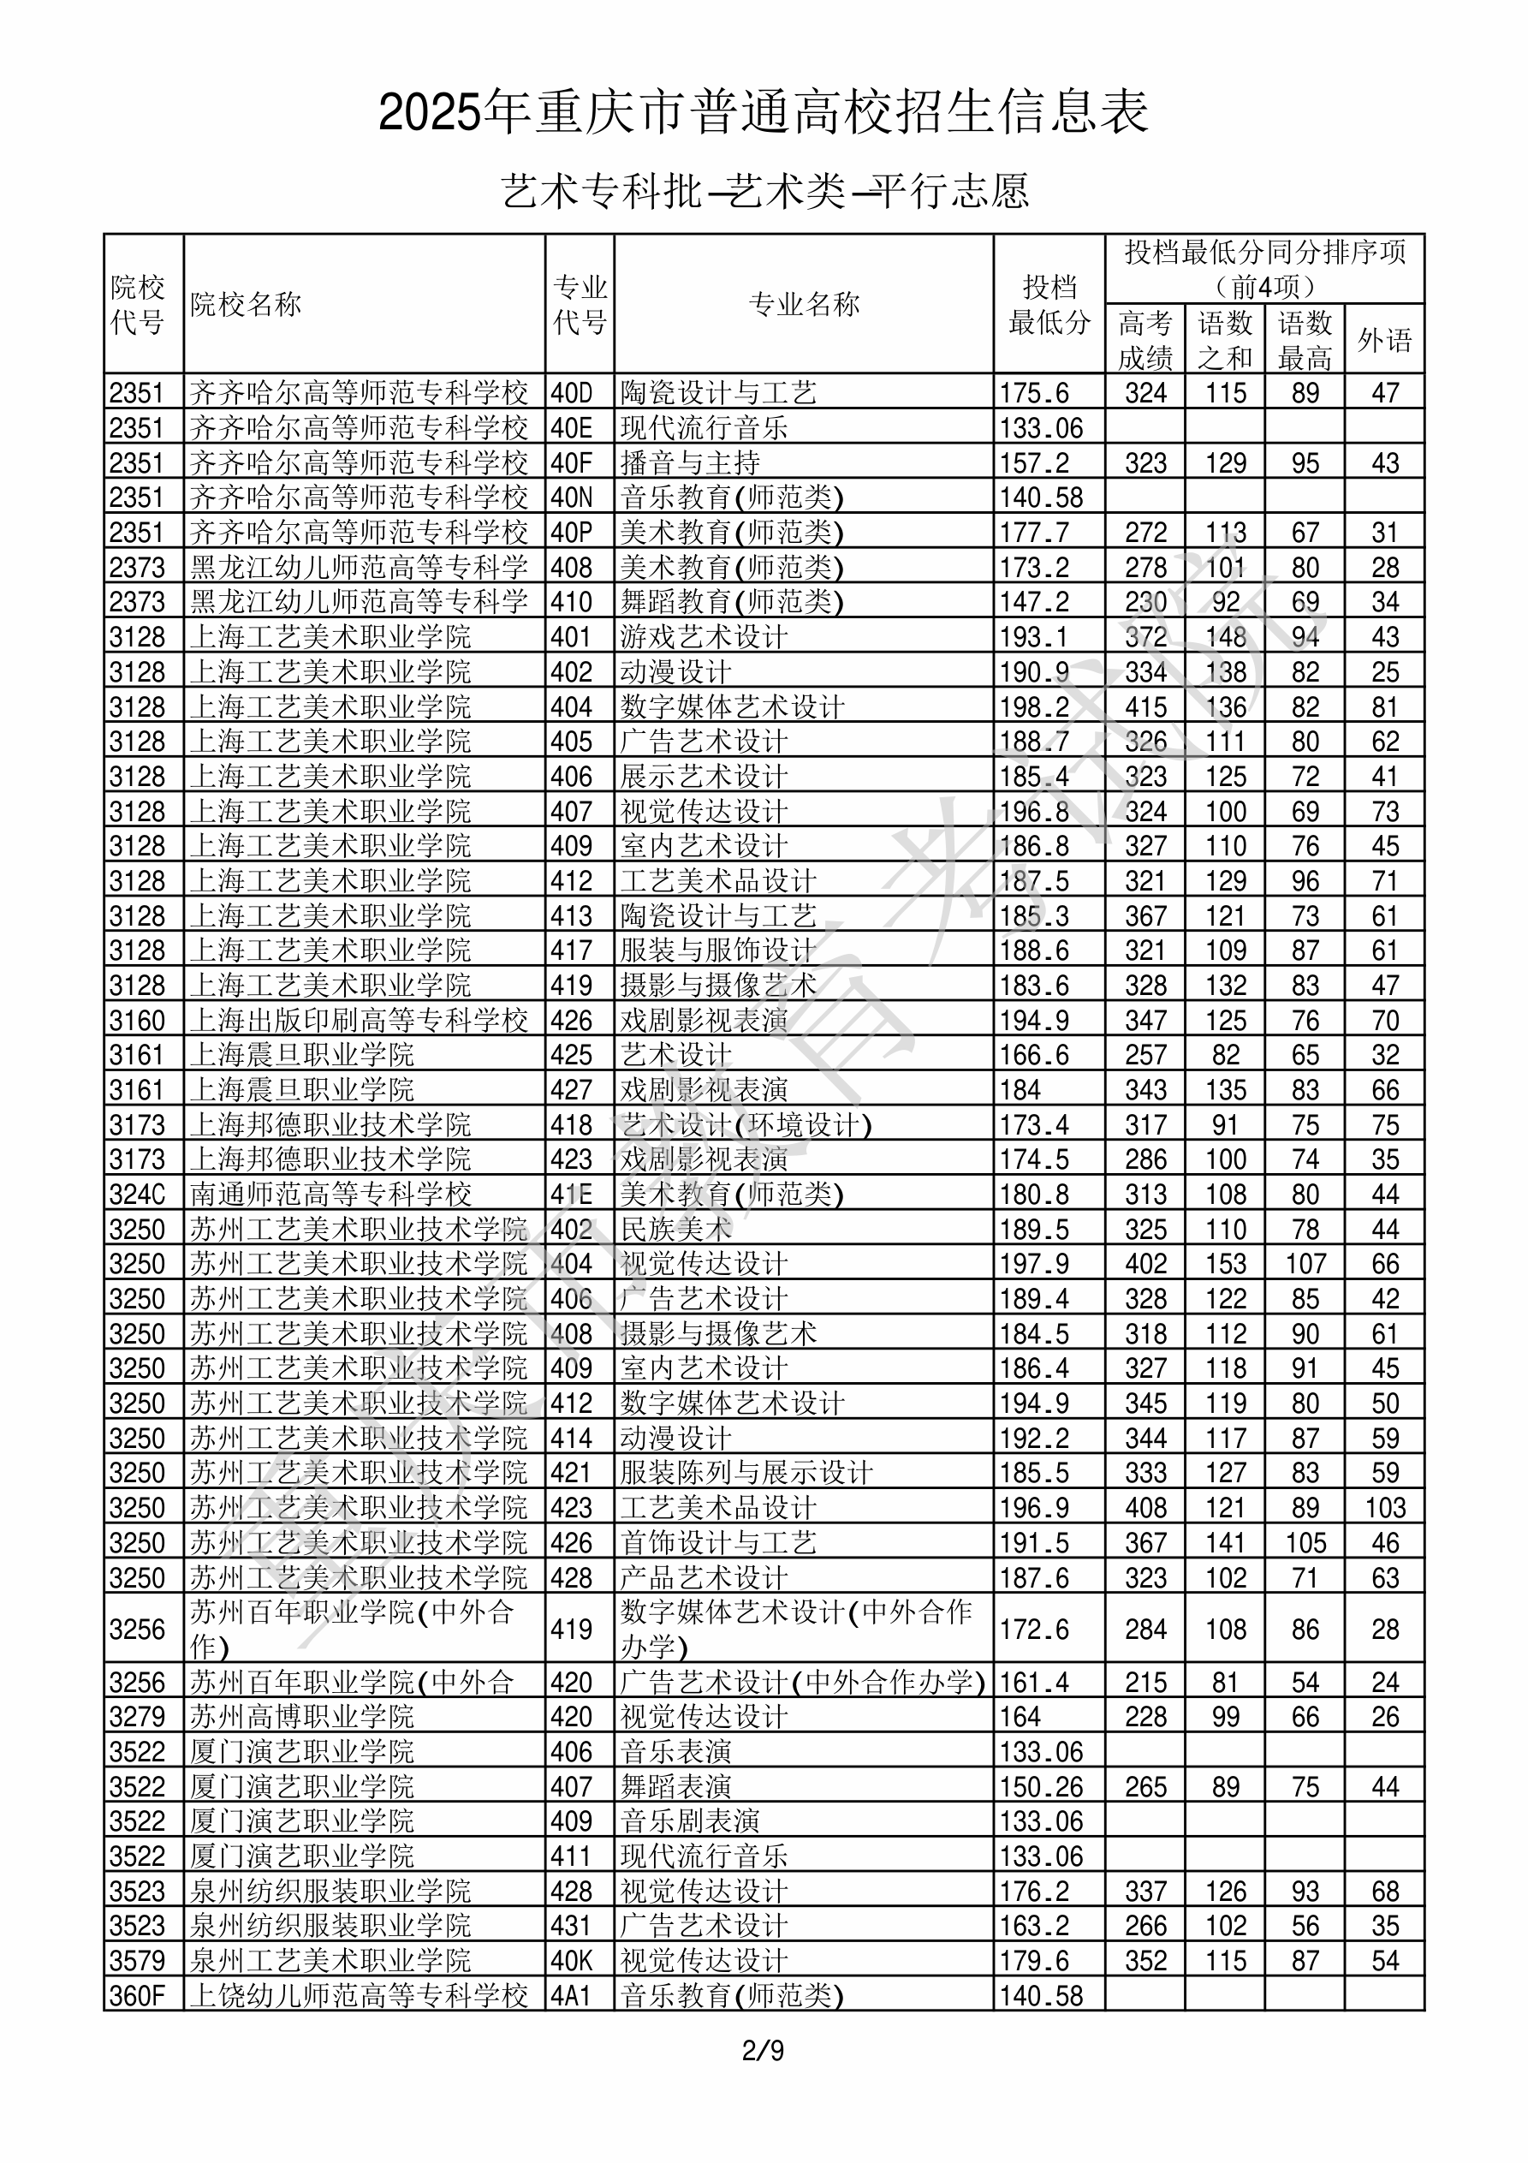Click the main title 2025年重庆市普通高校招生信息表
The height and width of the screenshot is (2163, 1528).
(763, 113)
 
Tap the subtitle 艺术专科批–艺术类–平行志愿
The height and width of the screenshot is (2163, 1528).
(764, 191)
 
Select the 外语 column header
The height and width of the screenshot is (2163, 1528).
(1384, 340)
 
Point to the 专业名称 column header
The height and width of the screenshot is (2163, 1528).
(804, 304)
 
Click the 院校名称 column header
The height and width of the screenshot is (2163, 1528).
(246, 304)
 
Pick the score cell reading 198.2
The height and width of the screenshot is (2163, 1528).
(1034, 706)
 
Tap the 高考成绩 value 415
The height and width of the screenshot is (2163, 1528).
(1145, 706)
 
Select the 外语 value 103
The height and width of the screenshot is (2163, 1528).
(1385, 1508)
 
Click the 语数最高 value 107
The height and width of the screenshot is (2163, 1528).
(1305, 1264)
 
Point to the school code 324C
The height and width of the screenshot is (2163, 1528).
(137, 1195)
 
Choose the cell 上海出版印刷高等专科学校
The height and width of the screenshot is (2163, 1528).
(358, 1020)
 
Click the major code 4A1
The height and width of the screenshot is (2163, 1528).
(571, 1995)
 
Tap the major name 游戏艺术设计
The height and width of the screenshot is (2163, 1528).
(703, 637)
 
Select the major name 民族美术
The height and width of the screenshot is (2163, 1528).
(675, 1230)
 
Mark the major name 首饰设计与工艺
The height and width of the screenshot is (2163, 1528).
(718, 1543)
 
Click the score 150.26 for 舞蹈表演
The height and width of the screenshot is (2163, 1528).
(1041, 1787)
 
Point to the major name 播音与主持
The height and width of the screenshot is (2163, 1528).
(690, 462)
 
